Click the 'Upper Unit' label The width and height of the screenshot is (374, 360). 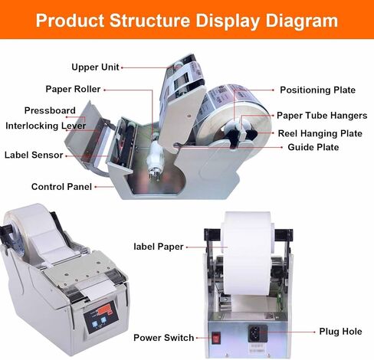95,67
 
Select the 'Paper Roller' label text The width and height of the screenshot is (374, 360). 73,89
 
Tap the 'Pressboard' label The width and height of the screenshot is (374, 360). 50,110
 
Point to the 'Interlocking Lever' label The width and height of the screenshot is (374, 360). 46,126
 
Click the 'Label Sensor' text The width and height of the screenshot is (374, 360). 34,155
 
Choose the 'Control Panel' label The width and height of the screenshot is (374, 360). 61,187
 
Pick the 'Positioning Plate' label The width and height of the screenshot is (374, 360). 318,90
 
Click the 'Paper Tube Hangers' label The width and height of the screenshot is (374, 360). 322,116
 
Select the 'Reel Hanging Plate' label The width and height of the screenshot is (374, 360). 320,133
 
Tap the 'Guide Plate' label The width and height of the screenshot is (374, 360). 313,147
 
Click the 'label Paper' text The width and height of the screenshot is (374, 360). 159,247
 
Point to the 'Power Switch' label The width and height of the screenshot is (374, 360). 164,338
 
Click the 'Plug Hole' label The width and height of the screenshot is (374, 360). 341,332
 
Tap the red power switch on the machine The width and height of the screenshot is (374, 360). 216,338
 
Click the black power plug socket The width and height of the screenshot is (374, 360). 258,333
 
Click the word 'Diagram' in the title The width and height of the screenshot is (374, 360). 302,21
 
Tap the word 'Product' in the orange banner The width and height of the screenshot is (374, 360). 70,21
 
